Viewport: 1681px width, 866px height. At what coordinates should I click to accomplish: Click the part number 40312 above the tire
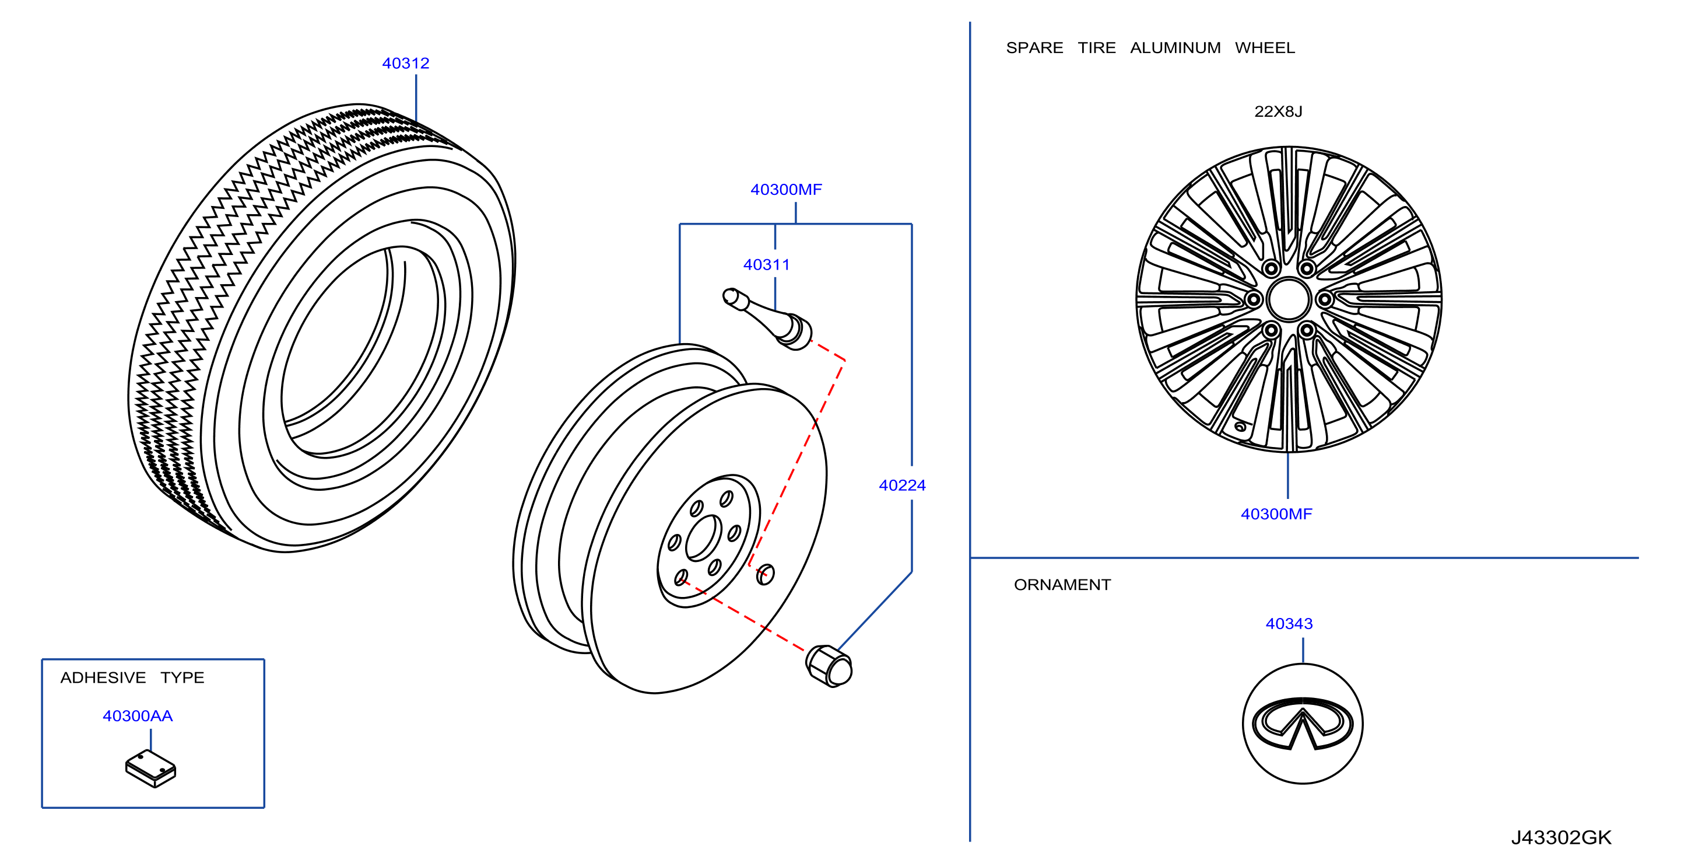(x=405, y=64)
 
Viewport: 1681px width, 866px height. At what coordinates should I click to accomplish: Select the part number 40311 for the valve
(x=766, y=264)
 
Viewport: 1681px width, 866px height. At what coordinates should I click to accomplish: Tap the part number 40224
(x=902, y=486)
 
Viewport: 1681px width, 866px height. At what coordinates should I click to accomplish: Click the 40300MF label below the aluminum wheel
(x=1276, y=514)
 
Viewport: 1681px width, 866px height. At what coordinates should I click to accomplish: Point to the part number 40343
(x=1289, y=624)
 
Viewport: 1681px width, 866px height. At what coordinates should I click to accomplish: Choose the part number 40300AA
(x=138, y=716)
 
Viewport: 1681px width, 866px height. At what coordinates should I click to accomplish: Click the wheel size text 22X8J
(x=1278, y=111)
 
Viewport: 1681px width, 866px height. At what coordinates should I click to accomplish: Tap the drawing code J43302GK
(x=1561, y=837)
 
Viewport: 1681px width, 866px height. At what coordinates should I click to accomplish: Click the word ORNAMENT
(x=1062, y=585)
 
